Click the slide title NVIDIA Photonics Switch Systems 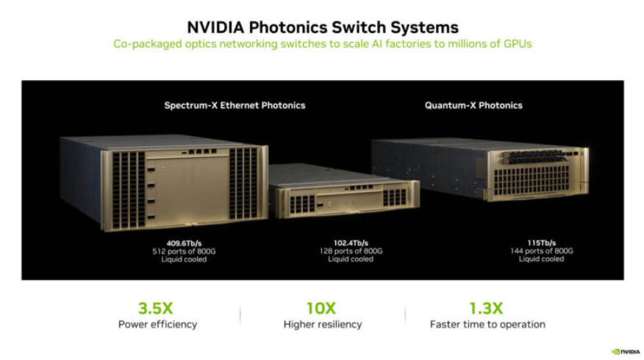click(x=323, y=27)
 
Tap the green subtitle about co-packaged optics click(x=322, y=44)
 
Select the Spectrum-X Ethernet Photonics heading click(x=235, y=105)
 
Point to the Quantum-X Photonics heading click(x=473, y=105)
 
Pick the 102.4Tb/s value click(x=351, y=243)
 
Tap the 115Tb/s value click(x=541, y=243)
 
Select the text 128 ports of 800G click(x=351, y=251)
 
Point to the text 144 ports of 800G click(x=541, y=251)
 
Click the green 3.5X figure click(x=157, y=309)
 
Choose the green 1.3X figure click(x=487, y=309)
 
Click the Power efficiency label click(x=157, y=324)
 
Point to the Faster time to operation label click(x=487, y=324)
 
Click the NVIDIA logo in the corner click(x=625, y=351)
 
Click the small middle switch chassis click(x=346, y=192)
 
